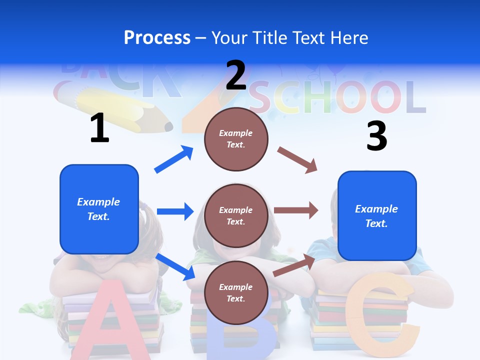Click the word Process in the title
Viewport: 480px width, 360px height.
pyautogui.click(x=157, y=37)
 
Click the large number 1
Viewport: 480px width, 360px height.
pyautogui.click(x=99, y=128)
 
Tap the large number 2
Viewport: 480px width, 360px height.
pyautogui.click(x=236, y=75)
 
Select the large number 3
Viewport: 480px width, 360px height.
pyautogui.click(x=376, y=136)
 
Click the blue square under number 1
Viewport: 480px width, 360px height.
pyautogui.click(x=99, y=209)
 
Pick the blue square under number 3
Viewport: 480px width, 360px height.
pyautogui.click(x=377, y=215)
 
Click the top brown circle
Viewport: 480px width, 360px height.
pyautogui.click(x=236, y=139)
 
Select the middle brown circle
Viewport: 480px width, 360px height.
pyautogui.click(x=236, y=215)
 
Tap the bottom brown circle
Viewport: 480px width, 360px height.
pyautogui.click(x=236, y=292)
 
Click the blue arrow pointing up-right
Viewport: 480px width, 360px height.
pyautogui.click(x=174, y=159)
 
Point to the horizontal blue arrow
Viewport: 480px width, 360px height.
pyautogui.click(x=175, y=211)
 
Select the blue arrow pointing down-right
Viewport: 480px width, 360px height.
pyautogui.click(x=175, y=266)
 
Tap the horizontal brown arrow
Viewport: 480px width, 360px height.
pyautogui.click(x=296, y=210)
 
